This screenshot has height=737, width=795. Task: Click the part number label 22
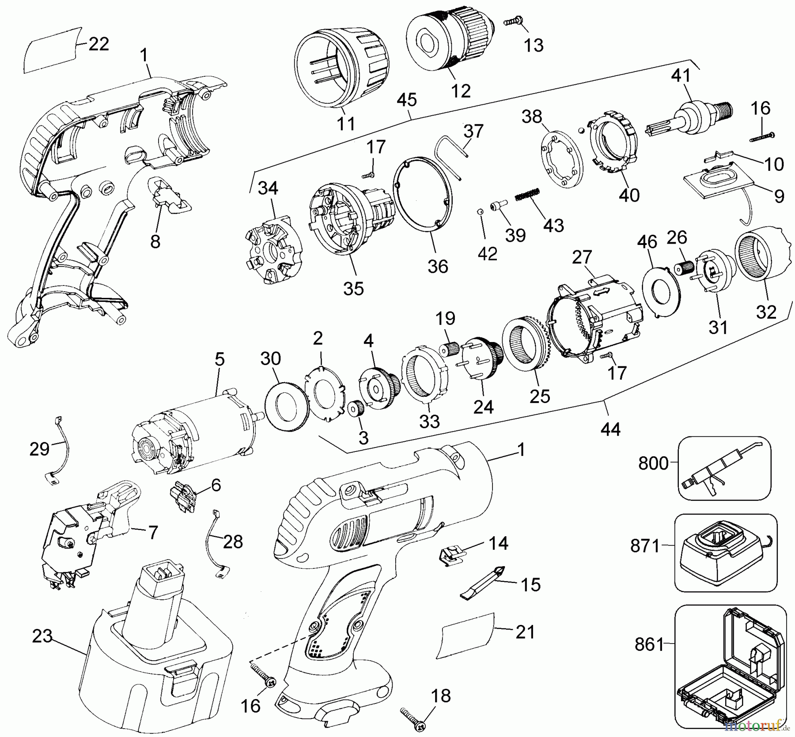(98, 44)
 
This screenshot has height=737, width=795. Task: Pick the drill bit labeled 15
(484, 580)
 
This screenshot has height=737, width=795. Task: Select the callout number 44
(610, 429)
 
